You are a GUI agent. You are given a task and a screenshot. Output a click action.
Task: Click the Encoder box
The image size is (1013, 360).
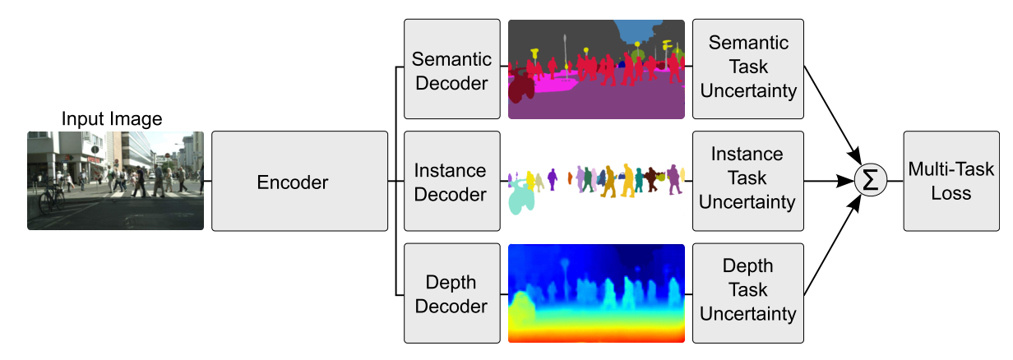299,182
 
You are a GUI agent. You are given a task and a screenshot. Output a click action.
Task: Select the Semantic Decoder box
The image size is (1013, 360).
451,69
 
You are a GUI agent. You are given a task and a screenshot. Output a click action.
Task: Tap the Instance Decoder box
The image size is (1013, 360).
451,182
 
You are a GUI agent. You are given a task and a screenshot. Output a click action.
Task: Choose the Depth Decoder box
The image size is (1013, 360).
451,293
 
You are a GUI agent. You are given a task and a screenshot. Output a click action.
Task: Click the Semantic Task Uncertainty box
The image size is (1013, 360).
748,69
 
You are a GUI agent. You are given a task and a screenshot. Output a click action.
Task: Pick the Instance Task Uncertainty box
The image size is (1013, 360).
748,182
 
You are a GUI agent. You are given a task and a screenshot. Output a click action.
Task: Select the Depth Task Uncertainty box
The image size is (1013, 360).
748,293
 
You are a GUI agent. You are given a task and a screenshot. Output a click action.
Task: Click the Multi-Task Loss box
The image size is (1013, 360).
951,182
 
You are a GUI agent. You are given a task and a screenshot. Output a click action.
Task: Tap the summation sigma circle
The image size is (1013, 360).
871,180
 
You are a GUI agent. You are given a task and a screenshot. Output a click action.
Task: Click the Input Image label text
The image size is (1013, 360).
112,118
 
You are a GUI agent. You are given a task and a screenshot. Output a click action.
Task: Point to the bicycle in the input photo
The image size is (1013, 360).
51,199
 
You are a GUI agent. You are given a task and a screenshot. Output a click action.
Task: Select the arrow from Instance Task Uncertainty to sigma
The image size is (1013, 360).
829,182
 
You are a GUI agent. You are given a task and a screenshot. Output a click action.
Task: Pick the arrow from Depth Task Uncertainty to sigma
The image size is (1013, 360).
833,245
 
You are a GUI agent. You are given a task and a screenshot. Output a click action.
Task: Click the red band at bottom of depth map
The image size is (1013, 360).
596,336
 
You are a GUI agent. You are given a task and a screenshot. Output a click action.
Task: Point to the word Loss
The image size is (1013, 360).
951,193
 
